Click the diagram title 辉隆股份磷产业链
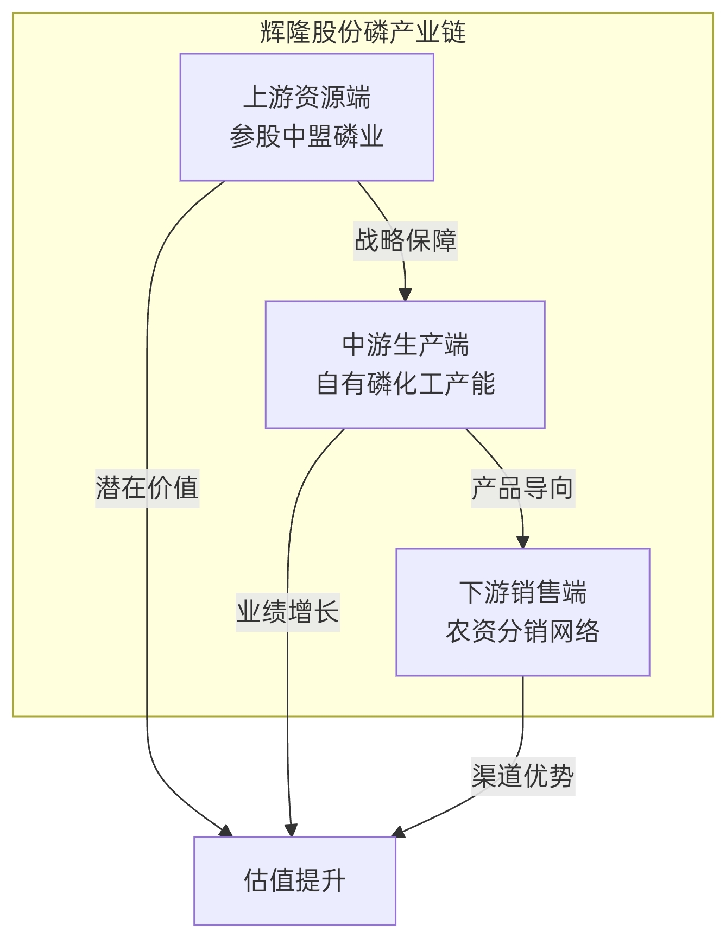[x=363, y=32]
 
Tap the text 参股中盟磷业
[x=307, y=136]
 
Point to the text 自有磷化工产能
[x=405, y=384]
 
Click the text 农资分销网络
[x=522, y=631]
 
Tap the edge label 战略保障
[x=405, y=240]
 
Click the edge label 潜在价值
[x=147, y=488]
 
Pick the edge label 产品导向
[x=522, y=488]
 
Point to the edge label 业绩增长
[x=287, y=612]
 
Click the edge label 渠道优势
[x=522, y=776]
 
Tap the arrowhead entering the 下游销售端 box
[x=522, y=542]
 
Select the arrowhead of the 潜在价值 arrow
[x=226, y=831]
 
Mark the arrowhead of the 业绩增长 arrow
[x=291, y=831]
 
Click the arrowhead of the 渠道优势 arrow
[x=398, y=832]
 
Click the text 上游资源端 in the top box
[x=307, y=98]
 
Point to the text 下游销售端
[x=522, y=592]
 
